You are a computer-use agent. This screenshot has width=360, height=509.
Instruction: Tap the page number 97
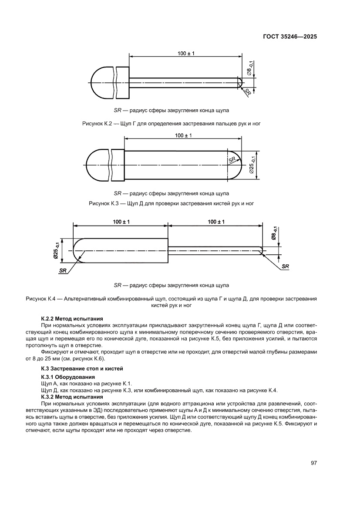[x=313, y=462]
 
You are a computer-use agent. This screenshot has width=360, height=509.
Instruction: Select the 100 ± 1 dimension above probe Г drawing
[x=186, y=53]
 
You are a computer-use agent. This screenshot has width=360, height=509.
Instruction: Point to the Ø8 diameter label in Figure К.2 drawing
[x=249, y=69]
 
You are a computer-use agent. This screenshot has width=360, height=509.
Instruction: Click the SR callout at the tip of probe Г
[x=248, y=92]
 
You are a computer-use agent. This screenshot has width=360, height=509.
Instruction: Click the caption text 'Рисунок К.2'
[x=97, y=124]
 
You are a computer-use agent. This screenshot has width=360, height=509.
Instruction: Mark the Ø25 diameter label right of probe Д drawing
[x=253, y=165]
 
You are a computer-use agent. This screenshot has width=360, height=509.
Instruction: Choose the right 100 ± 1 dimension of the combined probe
[x=216, y=222]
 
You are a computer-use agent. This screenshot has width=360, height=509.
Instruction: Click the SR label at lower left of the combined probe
[x=62, y=270]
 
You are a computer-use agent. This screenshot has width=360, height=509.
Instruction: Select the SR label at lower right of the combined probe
[x=285, y=266]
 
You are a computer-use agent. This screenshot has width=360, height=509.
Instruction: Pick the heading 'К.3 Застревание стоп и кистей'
[x=79, y=368]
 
